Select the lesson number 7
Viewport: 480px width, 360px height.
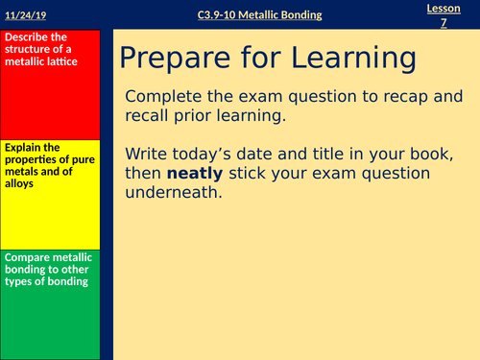(444, 22)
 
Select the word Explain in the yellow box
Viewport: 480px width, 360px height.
(22, 147)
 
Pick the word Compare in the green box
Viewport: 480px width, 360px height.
(26, 256)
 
